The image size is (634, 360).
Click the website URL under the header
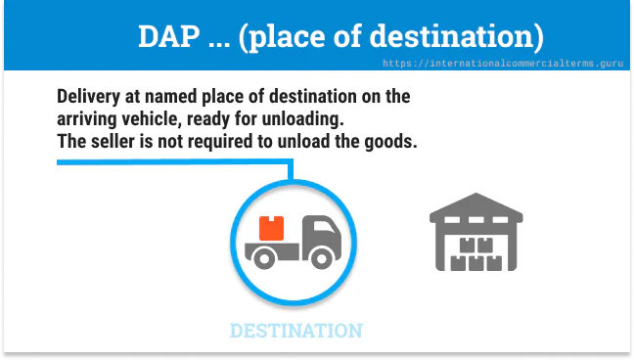coord(505,62)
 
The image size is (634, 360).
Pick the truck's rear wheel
coord(264,257)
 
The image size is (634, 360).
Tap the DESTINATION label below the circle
coord(295,331)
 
